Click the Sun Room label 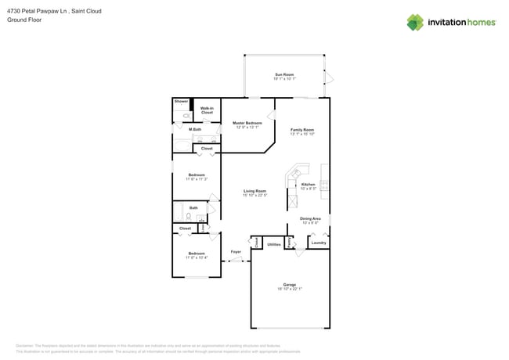tap(283, 76)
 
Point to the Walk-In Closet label tap(207, 110)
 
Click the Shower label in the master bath tap(181, 102)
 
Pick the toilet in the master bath tap(178, 115)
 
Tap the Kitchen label tap(308, 185)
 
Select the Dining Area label tap(309, 220)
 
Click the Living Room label tap(254, 193)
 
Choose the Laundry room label tap(318, 243)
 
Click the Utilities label tap(274, 244)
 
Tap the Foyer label tap(235, 252)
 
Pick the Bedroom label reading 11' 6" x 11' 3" tap(196, 177)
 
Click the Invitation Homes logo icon tap(416, 22)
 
